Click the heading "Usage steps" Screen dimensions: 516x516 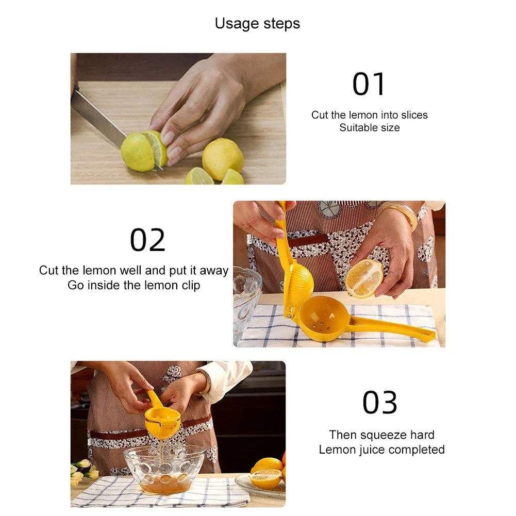point(257,24)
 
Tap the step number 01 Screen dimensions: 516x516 point(369,85)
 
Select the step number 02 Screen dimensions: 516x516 point(147,240)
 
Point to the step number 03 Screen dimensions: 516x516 point(380,403)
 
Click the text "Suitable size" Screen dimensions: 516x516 point(369,128)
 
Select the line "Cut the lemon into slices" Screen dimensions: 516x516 point(369,115)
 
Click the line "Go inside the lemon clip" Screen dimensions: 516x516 point(134,285)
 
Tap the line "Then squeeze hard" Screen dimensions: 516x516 point(381,435)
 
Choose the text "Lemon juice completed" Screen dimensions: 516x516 point(381,450)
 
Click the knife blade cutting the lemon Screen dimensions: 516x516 point(98,116)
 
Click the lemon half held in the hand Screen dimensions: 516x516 point(364,278)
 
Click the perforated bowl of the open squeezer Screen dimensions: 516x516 point(322,319)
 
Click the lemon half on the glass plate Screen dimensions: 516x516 point(265,478)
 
